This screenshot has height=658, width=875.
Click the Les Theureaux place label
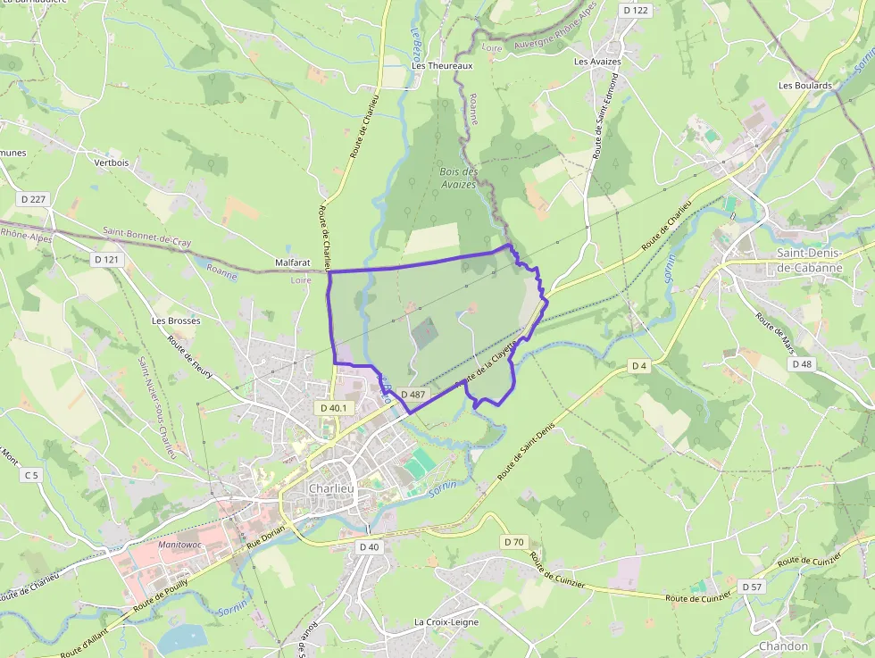coord(441,66)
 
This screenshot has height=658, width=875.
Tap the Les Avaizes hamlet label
coord(597,62)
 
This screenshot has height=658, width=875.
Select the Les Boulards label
coord(804,86)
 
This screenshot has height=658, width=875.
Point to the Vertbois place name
coord(112,162)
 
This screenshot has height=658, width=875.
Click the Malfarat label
coord(293,263)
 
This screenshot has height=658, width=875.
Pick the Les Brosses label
coord(176,320)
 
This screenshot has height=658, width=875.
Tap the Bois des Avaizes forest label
coord(459,178)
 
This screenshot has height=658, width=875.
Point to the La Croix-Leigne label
coord(446,621)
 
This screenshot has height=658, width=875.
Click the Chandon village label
coord(783,646)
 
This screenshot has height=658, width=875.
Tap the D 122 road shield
coord(636,10)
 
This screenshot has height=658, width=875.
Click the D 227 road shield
coord(32,198)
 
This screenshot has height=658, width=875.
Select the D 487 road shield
coord(412,394)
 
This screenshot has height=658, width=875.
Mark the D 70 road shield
coord(514,542)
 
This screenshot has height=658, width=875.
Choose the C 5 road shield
coord(32,475)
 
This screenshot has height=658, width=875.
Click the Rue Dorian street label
coord(265,537)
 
